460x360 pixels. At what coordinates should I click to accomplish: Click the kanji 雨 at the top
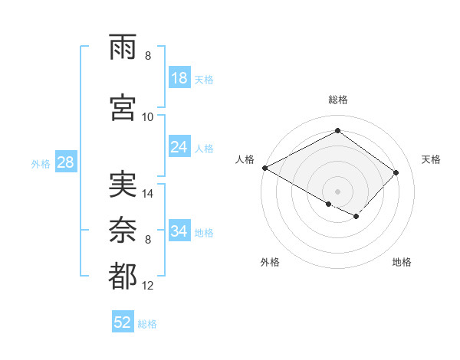click(123, 48)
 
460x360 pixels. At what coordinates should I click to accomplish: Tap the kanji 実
click(123, 185)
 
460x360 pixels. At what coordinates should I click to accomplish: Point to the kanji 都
click(123, 277)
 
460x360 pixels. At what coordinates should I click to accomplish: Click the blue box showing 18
click(179, 78)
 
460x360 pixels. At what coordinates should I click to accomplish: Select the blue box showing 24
click(179, 147)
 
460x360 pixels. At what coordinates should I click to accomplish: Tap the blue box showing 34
click(179, 231)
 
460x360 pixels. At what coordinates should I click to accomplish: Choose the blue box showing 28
click(65, 162)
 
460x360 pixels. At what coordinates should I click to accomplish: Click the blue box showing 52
click(123, 322)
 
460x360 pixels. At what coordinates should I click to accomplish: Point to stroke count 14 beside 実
click(149, 194)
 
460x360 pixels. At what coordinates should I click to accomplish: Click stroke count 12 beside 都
click(149, 286)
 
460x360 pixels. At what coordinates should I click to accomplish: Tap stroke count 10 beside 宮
click(148, 116)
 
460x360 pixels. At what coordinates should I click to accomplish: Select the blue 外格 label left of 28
click(41, 163)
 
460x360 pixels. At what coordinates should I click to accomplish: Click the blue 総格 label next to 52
click(147, 324)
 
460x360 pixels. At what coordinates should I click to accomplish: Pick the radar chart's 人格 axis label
click(245, 159)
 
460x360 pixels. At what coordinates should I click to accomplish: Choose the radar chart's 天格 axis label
click(431, 159)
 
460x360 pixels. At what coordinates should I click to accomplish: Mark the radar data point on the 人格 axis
click(264, 168)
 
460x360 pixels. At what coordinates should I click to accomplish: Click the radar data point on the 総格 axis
click(337, 130)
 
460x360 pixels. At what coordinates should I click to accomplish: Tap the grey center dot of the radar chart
click(337, 191)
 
